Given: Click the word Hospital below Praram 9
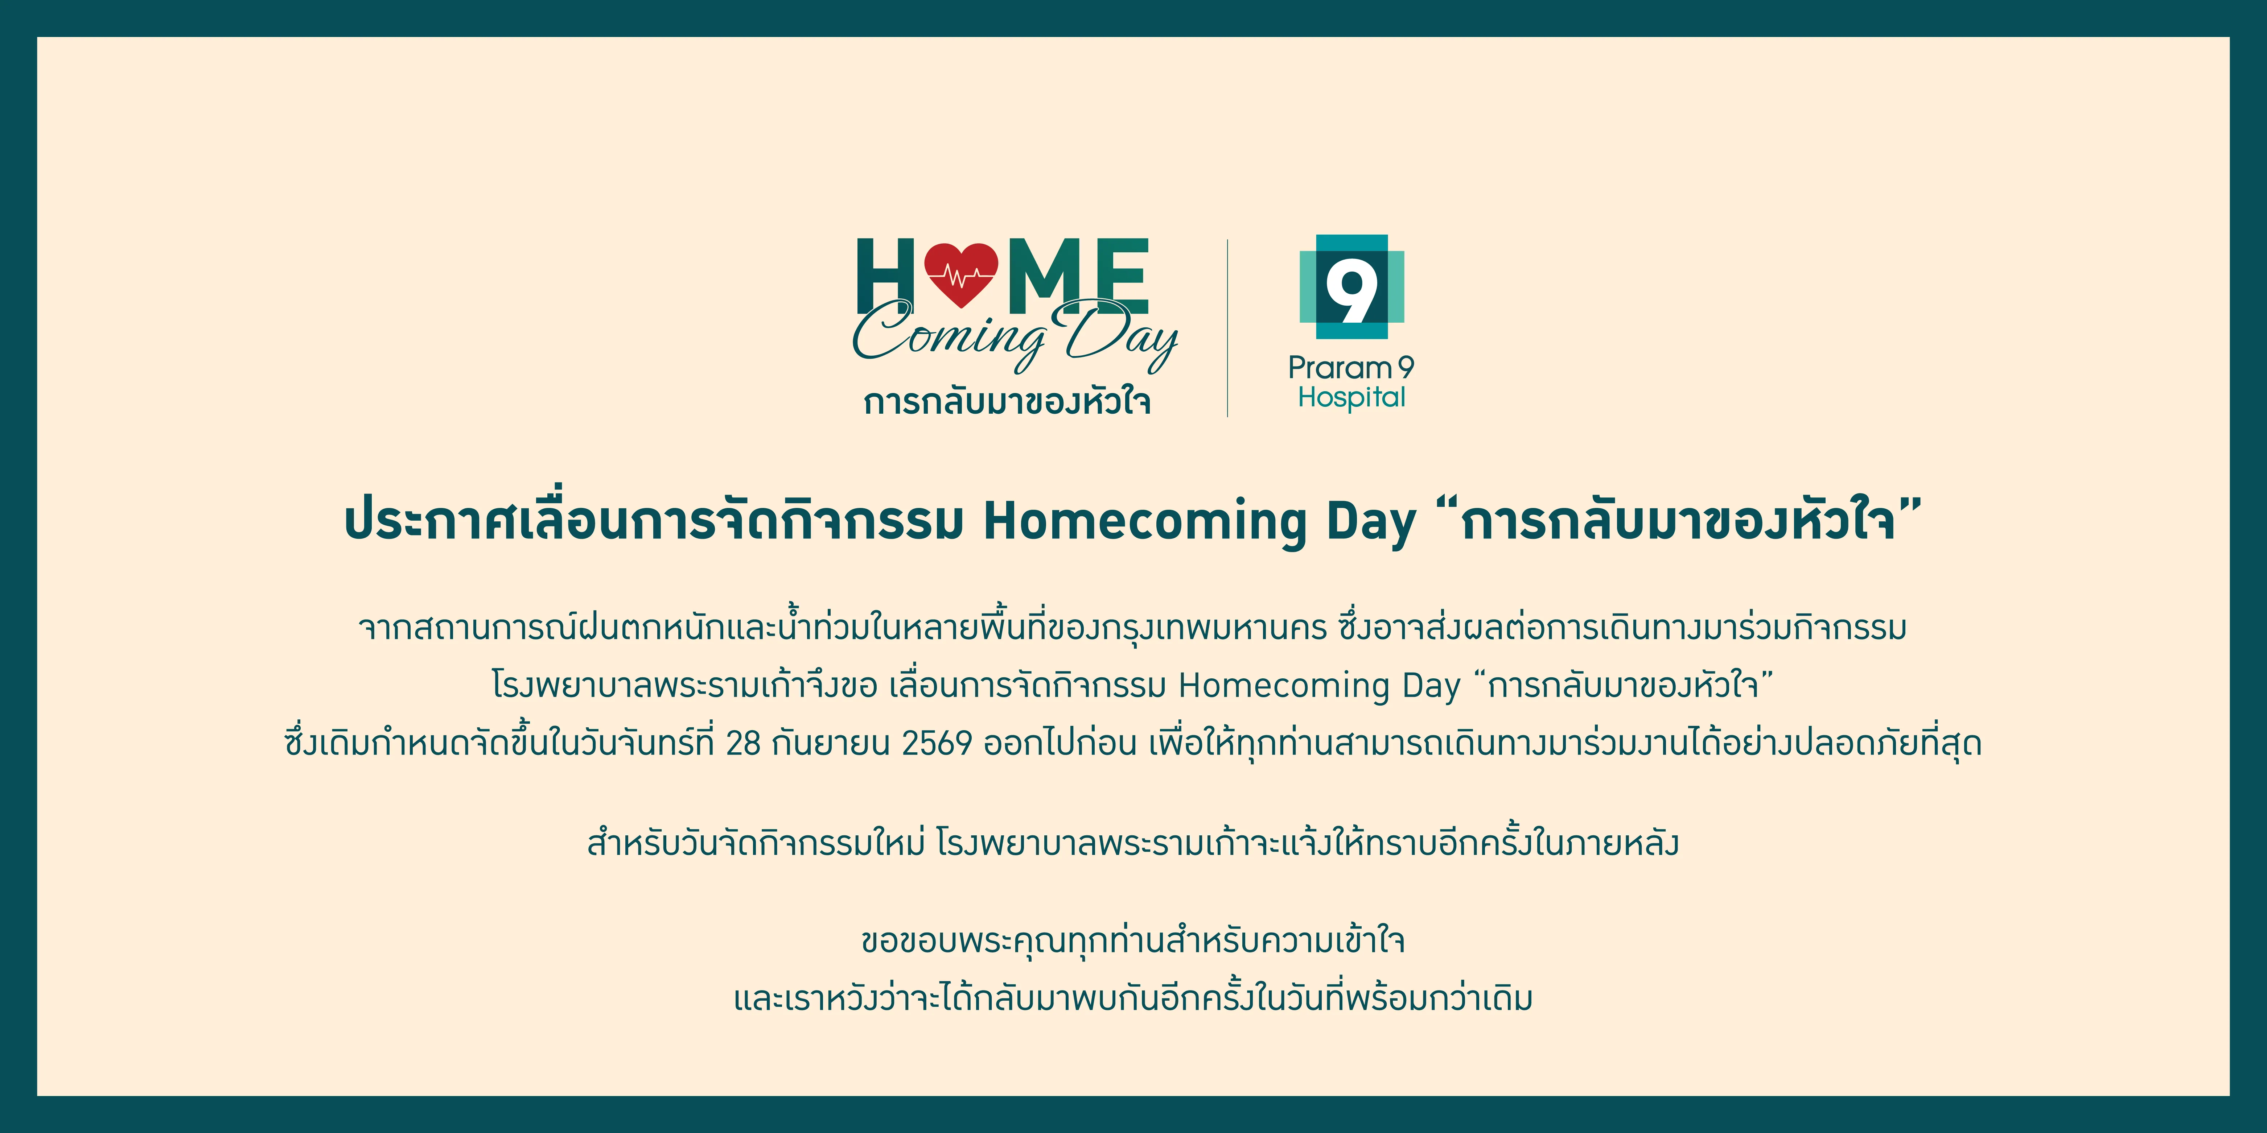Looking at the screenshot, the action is coord(1352,398).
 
